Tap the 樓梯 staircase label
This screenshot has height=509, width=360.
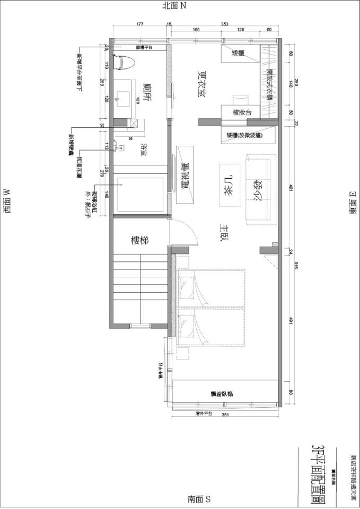(x=140, y=240)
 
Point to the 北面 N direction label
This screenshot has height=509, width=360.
(x=175, y=6)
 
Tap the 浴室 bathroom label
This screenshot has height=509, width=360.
(x=143, y=150)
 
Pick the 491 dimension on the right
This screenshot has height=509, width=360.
(x=290, y=321)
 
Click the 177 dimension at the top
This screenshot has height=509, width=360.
(x=140, y=24)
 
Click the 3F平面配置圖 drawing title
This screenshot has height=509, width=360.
(x=319, y=469)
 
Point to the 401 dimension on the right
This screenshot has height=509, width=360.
(x=290, y=187)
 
